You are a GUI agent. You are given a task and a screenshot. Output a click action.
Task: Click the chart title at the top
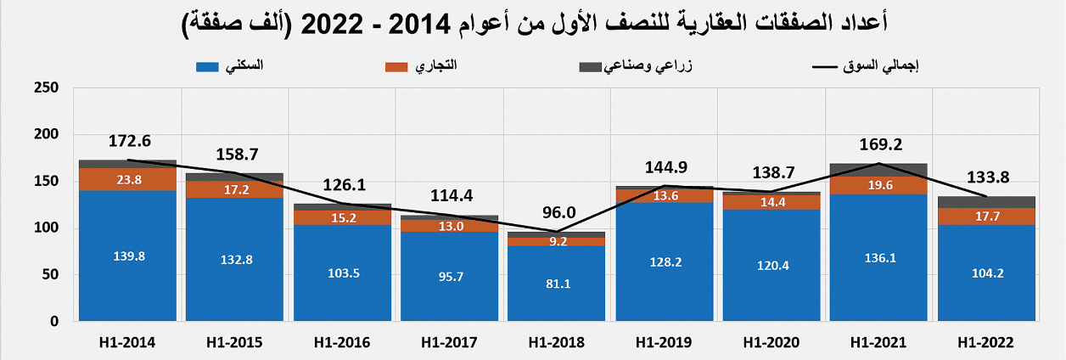pos(533,23)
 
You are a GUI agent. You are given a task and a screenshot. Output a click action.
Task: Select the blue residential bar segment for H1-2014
pos(127,255)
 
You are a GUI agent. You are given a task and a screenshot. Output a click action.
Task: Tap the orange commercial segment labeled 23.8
pos(127,179)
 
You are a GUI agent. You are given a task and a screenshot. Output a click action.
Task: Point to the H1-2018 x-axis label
pos(556,343)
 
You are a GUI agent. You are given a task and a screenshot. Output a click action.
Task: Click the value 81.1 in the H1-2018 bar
pos(556,284)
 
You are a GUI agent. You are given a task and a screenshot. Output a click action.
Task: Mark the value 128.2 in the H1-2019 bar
pos(664,262)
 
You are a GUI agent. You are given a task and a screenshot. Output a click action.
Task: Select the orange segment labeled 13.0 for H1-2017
pos(449,226)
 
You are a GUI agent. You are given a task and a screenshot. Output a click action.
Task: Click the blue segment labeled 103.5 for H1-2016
pos(342,273)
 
